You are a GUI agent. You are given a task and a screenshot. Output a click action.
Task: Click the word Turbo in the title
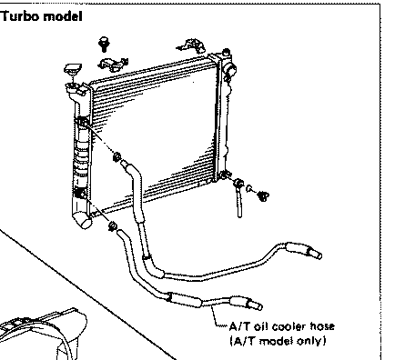pos(19,16)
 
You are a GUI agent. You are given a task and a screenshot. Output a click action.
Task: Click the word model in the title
pos(63,16)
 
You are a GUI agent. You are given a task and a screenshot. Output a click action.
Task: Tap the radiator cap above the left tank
pos(73,69)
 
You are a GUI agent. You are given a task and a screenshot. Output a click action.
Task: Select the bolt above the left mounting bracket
pos(104,44)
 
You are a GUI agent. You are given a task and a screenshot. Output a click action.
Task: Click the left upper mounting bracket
pos(113,65)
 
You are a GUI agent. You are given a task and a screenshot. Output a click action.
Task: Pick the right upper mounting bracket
pos(192,45)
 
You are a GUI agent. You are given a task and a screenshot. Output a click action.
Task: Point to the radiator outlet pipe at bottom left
pos(82,220)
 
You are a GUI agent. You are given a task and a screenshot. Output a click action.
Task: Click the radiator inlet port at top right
pos(229,70)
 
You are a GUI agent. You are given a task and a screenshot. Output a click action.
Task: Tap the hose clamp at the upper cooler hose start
pos(116,157)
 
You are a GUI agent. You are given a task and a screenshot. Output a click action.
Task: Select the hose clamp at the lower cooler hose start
pos(112,225)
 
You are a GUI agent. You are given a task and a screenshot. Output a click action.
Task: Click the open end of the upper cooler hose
pos(315,253)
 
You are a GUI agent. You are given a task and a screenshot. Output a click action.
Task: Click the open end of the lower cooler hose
pos(256,305)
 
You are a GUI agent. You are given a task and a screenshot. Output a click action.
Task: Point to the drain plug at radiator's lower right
pos(263,196)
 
